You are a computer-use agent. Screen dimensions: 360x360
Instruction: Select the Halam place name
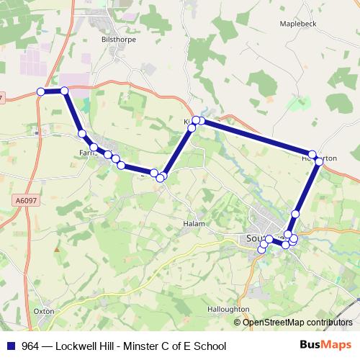[194, 224]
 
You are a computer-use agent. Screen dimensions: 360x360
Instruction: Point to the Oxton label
[44, 311]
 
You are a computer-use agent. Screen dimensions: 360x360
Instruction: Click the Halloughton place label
[226, 309]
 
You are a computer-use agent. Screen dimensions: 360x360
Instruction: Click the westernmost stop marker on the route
[41, 91]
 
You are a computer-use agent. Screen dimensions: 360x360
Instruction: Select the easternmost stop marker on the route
[319, 161]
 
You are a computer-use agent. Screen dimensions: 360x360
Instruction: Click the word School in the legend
[209, 346]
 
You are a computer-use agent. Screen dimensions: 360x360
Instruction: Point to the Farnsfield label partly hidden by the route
[86, 153]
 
